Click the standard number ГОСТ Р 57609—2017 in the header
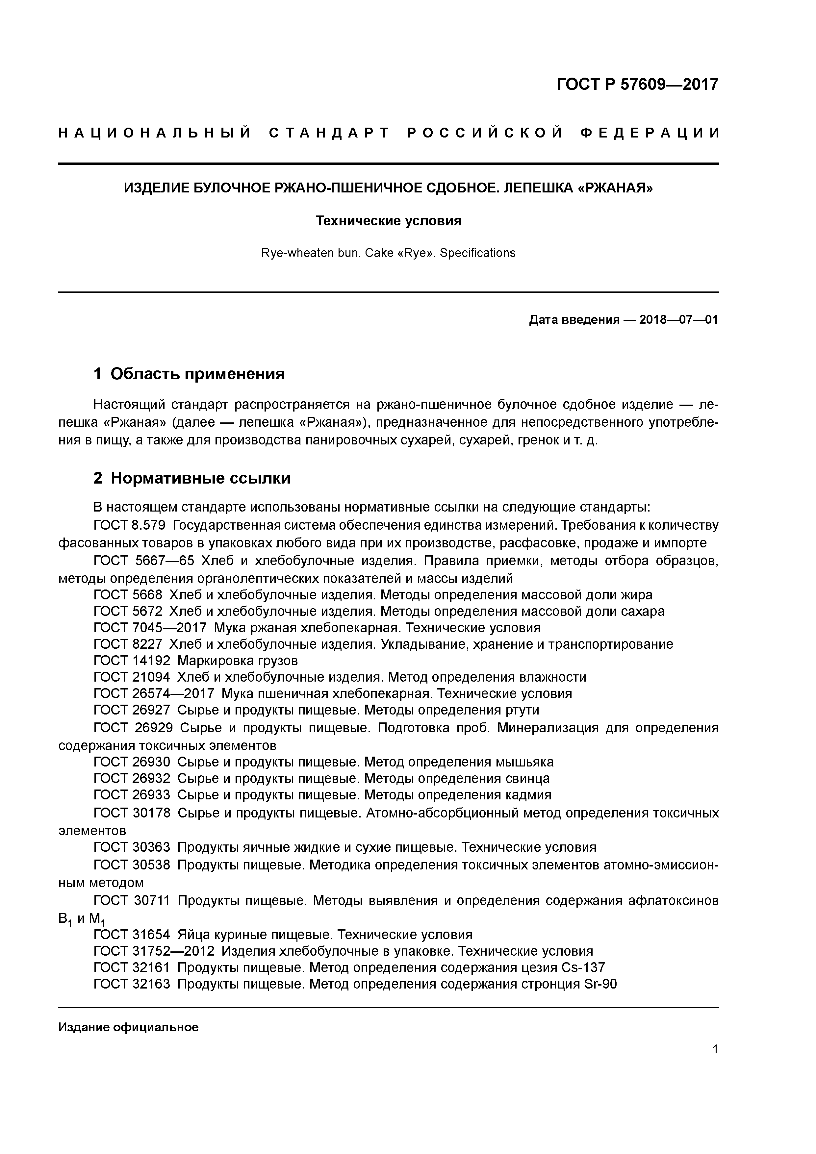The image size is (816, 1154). [x=638, y=84]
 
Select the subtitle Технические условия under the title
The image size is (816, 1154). [x=388, y=221]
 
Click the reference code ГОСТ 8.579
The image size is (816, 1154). [x=129, y=525]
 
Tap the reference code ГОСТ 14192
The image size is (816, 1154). [x=132, y=660]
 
